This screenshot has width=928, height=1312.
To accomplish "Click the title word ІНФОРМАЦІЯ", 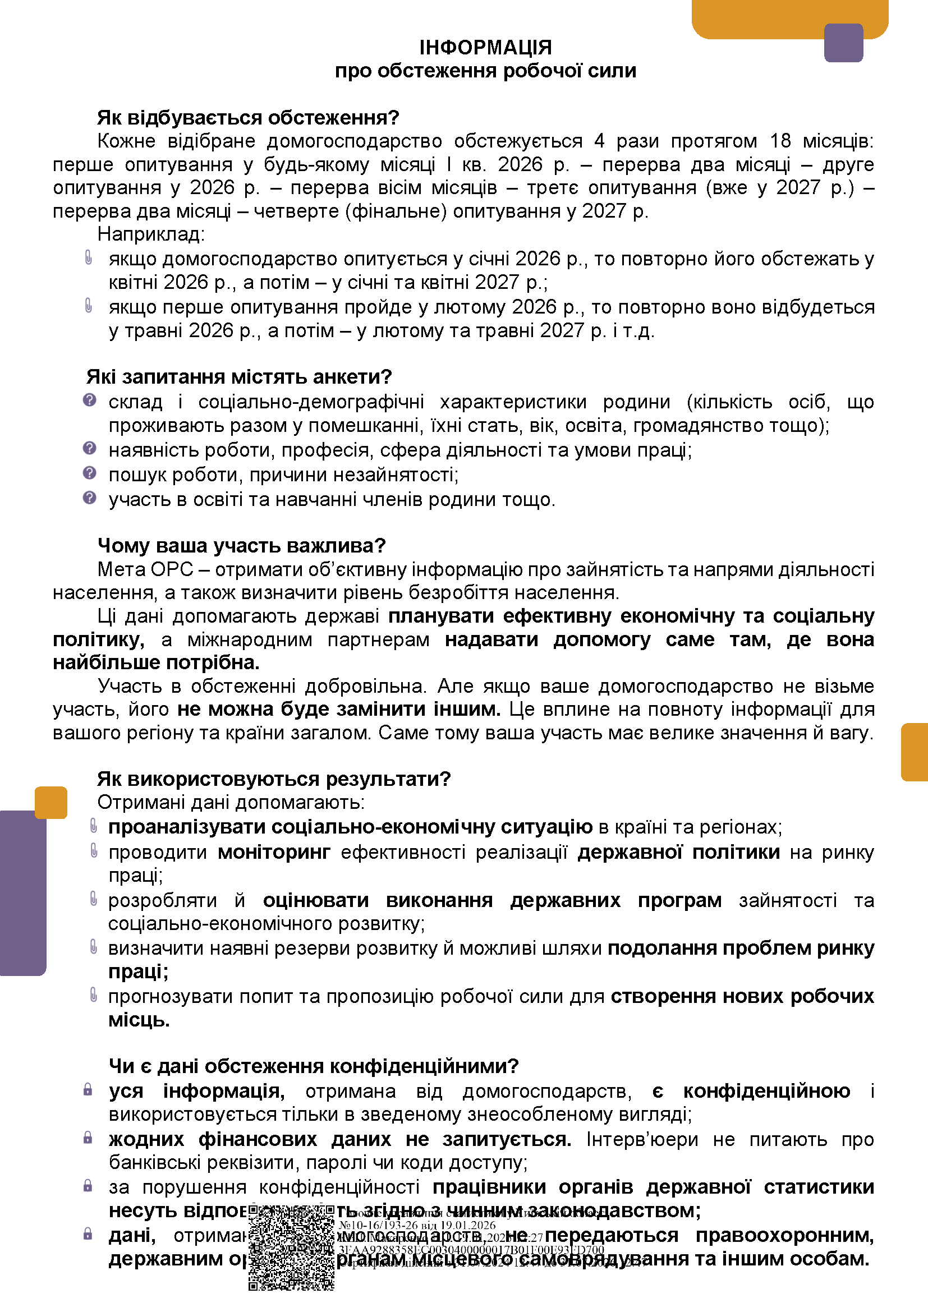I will click(x=485, y=48).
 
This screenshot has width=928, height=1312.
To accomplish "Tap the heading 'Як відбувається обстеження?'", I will click(x=248, y=118).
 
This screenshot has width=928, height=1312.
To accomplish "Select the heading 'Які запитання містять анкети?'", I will click(x=239, y=377).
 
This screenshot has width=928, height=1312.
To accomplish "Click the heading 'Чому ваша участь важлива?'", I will click(x=242, y=546).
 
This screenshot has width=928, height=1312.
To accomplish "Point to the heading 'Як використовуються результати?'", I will click(x=274, y=779).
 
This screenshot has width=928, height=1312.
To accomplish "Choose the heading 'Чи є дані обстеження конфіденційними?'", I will click(x=313, y=1066).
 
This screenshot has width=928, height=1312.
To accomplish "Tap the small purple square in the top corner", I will click(x=843, y=43).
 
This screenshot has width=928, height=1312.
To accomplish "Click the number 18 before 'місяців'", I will click(x=780, y=141).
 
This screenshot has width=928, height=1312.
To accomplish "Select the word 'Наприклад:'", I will click(x=151, y=234).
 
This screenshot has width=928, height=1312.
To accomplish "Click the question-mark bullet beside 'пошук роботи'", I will click(x=89, y=473).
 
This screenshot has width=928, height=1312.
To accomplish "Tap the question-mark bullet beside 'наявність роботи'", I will click(x=89, y=449).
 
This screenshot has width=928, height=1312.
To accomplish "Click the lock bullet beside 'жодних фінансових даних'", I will click(x=88, y=1138).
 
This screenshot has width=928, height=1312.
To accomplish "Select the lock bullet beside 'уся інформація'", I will click(x=88, y=1090).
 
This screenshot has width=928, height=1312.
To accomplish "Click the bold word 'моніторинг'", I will click(x=274, y=852).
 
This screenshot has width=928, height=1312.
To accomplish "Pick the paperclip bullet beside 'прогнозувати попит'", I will click(x=94, y=996).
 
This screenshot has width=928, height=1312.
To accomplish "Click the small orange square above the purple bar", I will click(x=51, y=802).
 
